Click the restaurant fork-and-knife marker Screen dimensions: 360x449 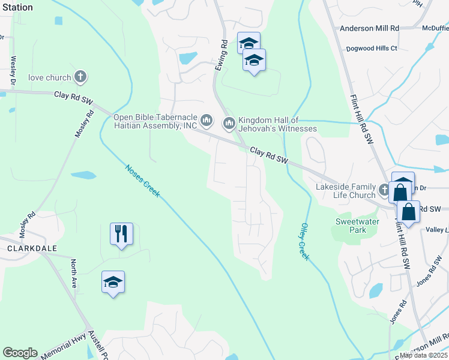coord(121,233)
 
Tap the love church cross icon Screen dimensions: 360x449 coord(80,77)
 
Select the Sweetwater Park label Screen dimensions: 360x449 coord(350,226)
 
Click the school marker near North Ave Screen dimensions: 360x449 coord(112,282)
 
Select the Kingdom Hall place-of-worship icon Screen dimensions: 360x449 coord(229,124)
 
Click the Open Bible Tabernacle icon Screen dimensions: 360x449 coord(206,121)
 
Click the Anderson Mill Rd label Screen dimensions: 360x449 coord(369,28)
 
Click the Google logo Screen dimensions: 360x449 coord(20,353)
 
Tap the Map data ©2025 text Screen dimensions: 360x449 coord(424,355)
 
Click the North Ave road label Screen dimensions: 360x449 coord(74,274)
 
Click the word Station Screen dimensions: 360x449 coord(17,7)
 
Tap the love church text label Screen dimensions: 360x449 coord(49,77)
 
